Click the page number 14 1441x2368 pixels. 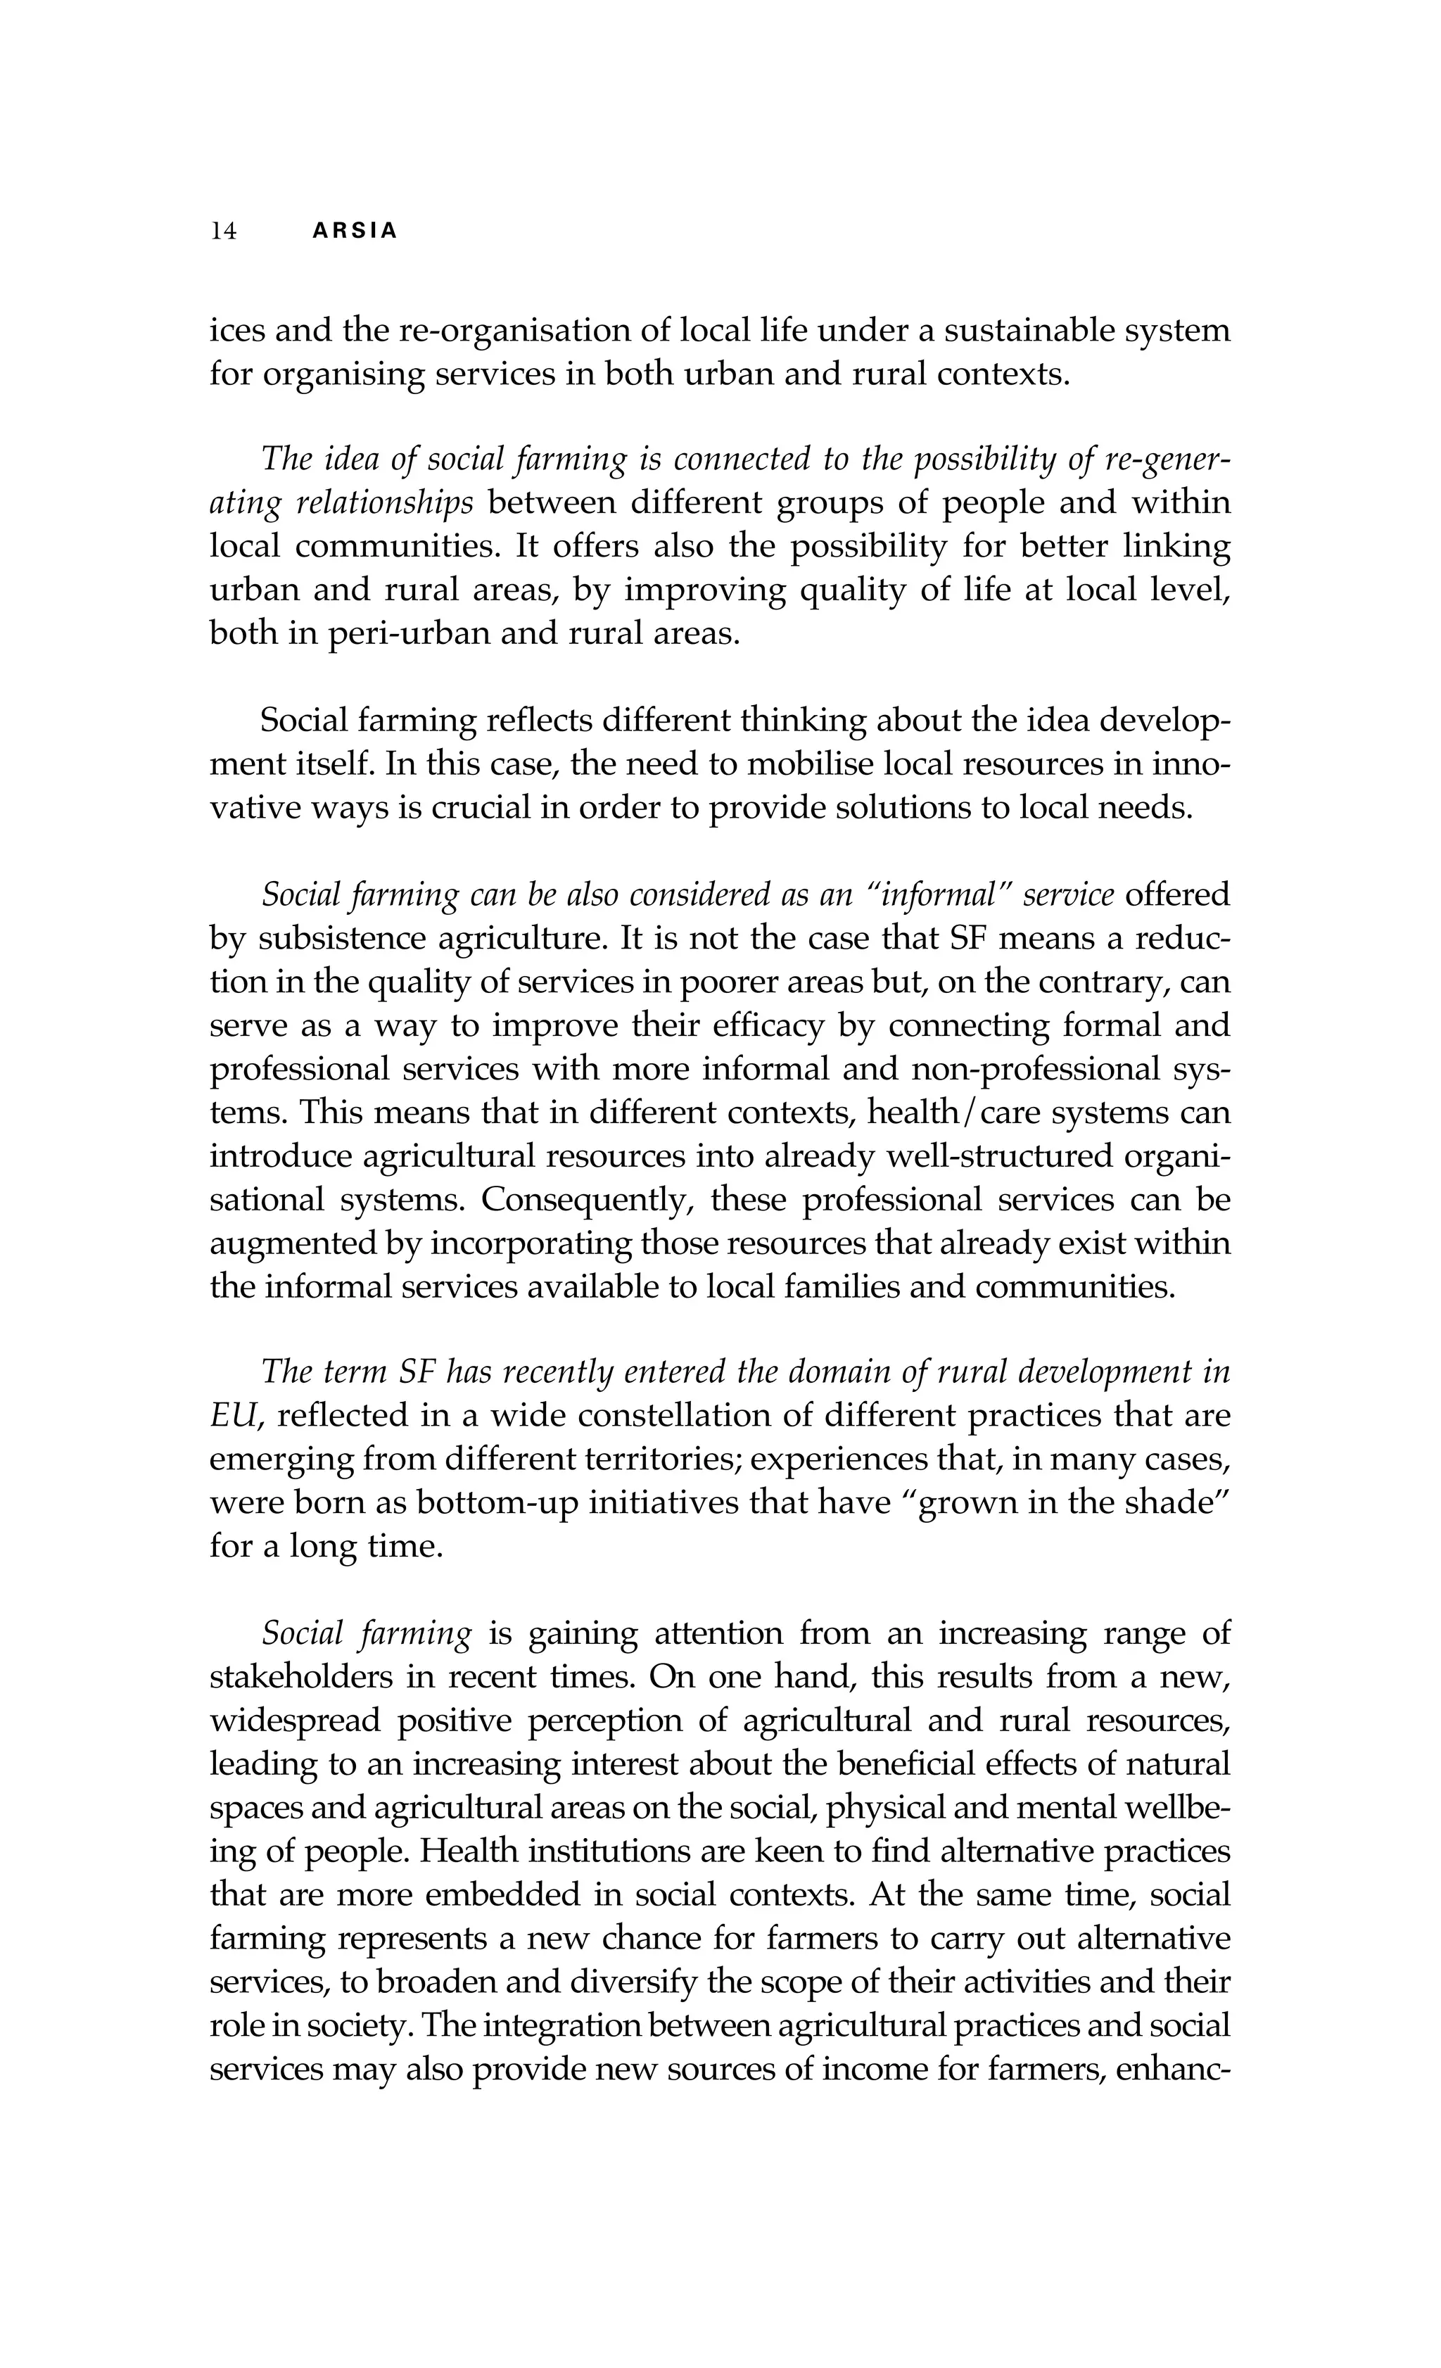tap(223, 232)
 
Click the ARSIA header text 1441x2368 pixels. tap(355, 232)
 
